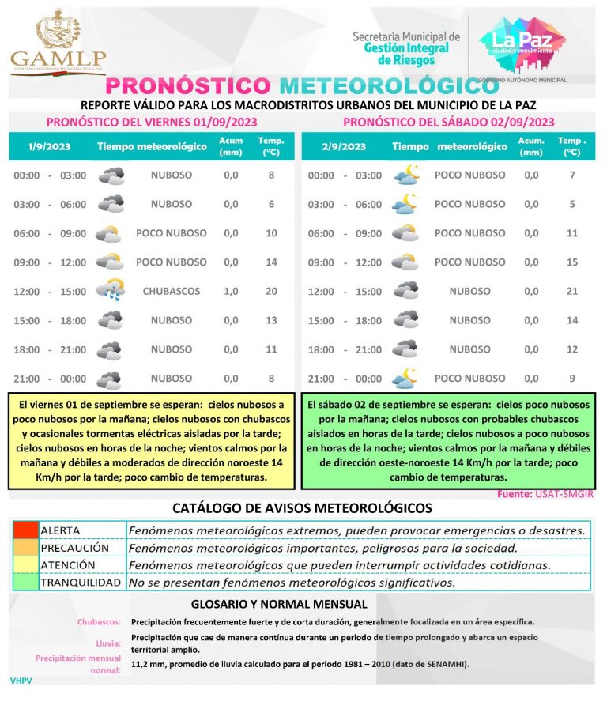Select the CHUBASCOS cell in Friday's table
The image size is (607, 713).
[172, 291]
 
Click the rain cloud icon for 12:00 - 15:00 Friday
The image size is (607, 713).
[110, 291]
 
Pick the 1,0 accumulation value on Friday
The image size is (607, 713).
[231, 291]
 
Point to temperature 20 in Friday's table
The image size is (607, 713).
[271, 291]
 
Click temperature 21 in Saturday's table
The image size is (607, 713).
[572, 291]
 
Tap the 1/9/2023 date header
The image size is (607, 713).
[45, 146]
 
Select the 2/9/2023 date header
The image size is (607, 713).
[344, 146]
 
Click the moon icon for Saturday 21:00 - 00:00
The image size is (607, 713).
[406, 378]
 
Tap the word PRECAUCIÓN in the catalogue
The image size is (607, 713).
[74, 548]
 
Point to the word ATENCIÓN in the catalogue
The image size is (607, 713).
[68, 565]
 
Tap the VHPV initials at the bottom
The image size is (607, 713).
[21, 680]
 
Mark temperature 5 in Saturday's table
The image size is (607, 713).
[572, 204]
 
